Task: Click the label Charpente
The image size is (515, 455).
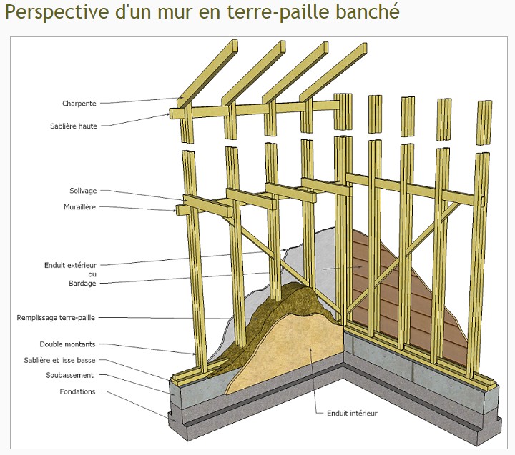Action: click(79, 104)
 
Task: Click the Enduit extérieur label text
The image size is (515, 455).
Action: click(70, 265)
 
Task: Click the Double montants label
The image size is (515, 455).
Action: click(67, 344)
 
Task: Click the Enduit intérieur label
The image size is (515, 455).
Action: click(351, 413)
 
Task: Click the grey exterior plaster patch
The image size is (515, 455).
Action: click(315, 257)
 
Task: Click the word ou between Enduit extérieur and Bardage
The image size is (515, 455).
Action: click(92, 274)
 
